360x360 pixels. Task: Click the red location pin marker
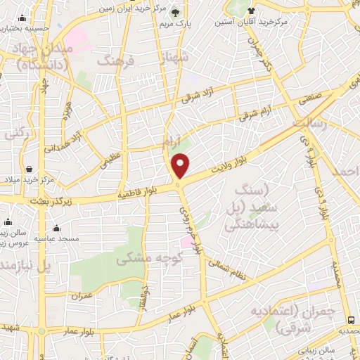point(181,166)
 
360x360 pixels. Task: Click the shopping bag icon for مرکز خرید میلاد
point(30,169)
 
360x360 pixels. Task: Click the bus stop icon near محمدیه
point(349,318)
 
